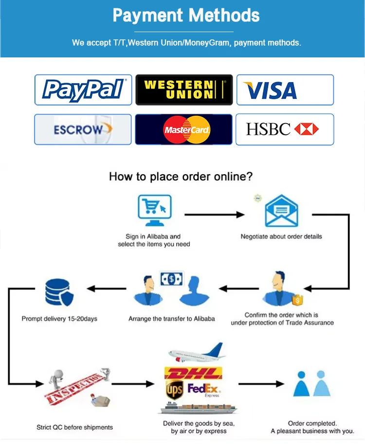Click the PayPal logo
pyautogui.click(x=83, y=89)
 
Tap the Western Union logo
pyautogui.click(x=184, y=89)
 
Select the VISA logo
pyautogui.click(x=285, y=90)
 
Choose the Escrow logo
pyautogui.click(x=83, y=129)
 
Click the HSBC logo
pyautogui.click(x=285, y=129)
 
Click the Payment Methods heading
pyautogui.click(x=186, y=15)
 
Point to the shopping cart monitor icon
pyautogui.click(x=154, y=210)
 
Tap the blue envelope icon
pyautogui.click(x=281, y=210)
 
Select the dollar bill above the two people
pyautogui.click(x=171, y=279)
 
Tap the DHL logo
pyautogui.click(x=194, y=374)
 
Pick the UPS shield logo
pyautogui.click(x=174, y=390)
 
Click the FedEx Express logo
pyautogui.click(x=204, y=390)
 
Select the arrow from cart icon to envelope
pyautogui.click(x=214, y=214)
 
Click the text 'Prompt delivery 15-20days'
pyautogui.click(x=59, y=319)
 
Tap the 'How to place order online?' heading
pyautogui.click(x=181, y=177)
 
